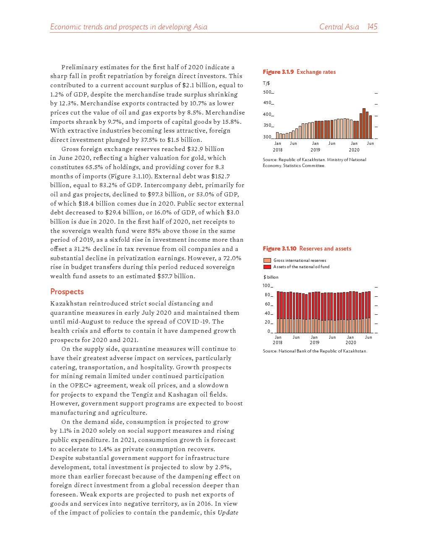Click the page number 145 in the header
(x=372, y=27)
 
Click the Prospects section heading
(x=67, y=292)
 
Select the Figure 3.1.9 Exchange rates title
(x=299, y=72)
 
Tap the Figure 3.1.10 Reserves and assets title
(x=307, y=248)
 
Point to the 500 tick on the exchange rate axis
(x=267, y=92)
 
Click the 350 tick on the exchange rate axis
(x=267, y=125)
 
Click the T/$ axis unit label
(x=266, y=84)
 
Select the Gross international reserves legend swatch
(x=267, y=261)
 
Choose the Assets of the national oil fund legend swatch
(x=267, y=267)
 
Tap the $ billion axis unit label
(x=271, y=277)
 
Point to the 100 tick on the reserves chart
(x=267, y=286)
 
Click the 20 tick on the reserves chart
(x=268, y=322)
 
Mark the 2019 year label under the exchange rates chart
(x=315, y=150)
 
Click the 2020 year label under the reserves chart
(x=351, y=342)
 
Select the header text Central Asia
(x=339, y=27)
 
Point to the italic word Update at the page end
(x=228, y=512)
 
